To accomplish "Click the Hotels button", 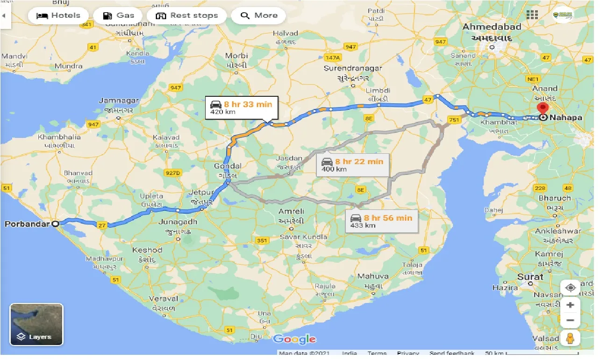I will tap(58, 15).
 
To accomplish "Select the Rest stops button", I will tap(186, 15).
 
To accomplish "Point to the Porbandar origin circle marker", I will tap(56, 224).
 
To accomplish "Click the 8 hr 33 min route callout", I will tap(241, 108).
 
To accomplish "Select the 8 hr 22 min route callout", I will tap(352, 165).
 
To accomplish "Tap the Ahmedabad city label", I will tap(492, 27).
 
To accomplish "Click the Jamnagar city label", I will tap(119, 101).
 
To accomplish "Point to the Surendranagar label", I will tap(353, 68).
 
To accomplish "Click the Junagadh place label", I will tap(178, 222).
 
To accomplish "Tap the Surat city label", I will tap(530, 277).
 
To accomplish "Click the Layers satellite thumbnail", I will tap(36, 324).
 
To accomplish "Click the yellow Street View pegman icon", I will tap(570, 338).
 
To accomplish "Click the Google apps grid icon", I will tap(532, 14).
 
